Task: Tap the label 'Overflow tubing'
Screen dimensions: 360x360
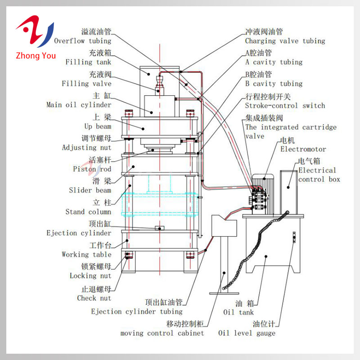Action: pyautogui.click(x=82, y=40)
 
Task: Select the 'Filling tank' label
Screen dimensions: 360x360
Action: pyautogui.click(x=88, y=62)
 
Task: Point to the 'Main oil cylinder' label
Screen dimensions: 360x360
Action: pyautogui.click(x=79, y=105)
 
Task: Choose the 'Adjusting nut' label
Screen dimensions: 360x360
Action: pyautogui.click(x=86, y=148)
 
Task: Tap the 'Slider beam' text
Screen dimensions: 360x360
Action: pyautogui.click(x=90, y=190)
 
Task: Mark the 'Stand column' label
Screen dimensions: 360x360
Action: pyautogui.click(x=88, y=211)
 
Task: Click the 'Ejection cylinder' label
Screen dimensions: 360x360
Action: pyautogui.click(x=79, y=233)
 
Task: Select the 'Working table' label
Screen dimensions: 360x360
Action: pyautogui.click(x=86, y=255)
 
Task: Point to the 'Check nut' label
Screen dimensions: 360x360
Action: pyautogui.click(x=94, y=298)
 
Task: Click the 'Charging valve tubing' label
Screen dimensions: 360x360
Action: pyautogui.click(x=285, y=41)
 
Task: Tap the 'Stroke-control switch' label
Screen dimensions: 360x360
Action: pyautogui.click(x=285, y=105)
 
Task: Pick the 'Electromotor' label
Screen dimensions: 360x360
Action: pyautogui.click(x=303, y=148)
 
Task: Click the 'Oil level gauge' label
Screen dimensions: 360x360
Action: pyautogui.click(x=247, y=333)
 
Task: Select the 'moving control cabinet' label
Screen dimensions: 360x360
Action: pyautogui.click(x=162, y=333)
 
